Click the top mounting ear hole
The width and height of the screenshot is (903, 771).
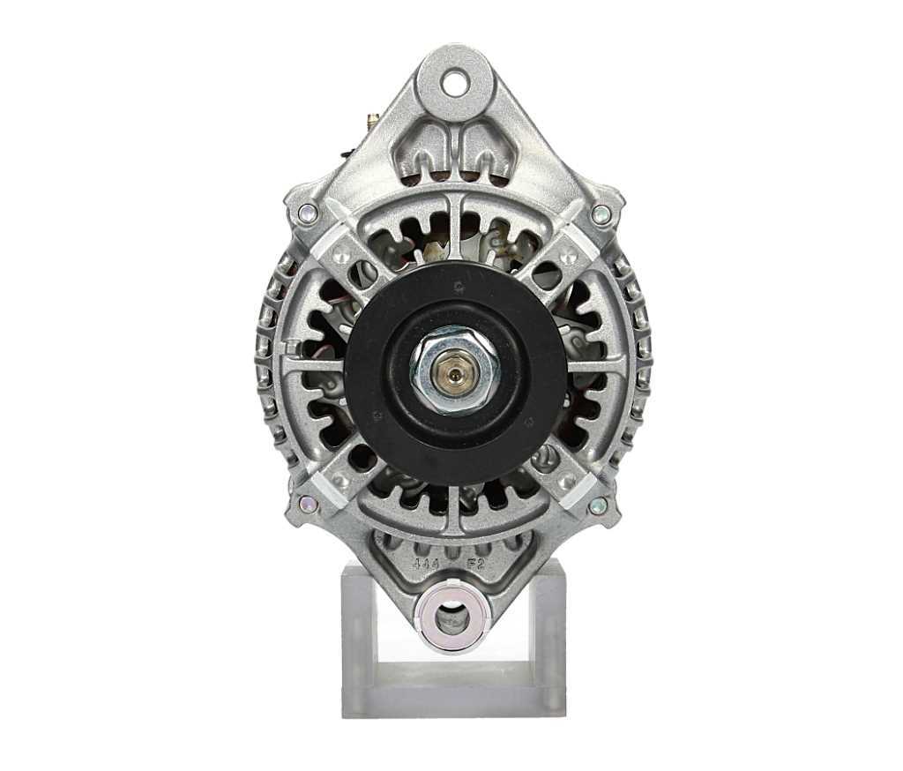pyautogui.click(x=455, y=85)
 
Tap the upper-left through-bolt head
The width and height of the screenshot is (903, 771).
pyautogui.click(x=307, y=213)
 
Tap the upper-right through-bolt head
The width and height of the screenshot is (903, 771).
pyautogui.click(x=601, y=213)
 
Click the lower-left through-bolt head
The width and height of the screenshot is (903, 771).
pyautogui.click(x=307, y=504)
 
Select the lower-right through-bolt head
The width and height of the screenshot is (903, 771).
pyautogui.click(x=598, y=505)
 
